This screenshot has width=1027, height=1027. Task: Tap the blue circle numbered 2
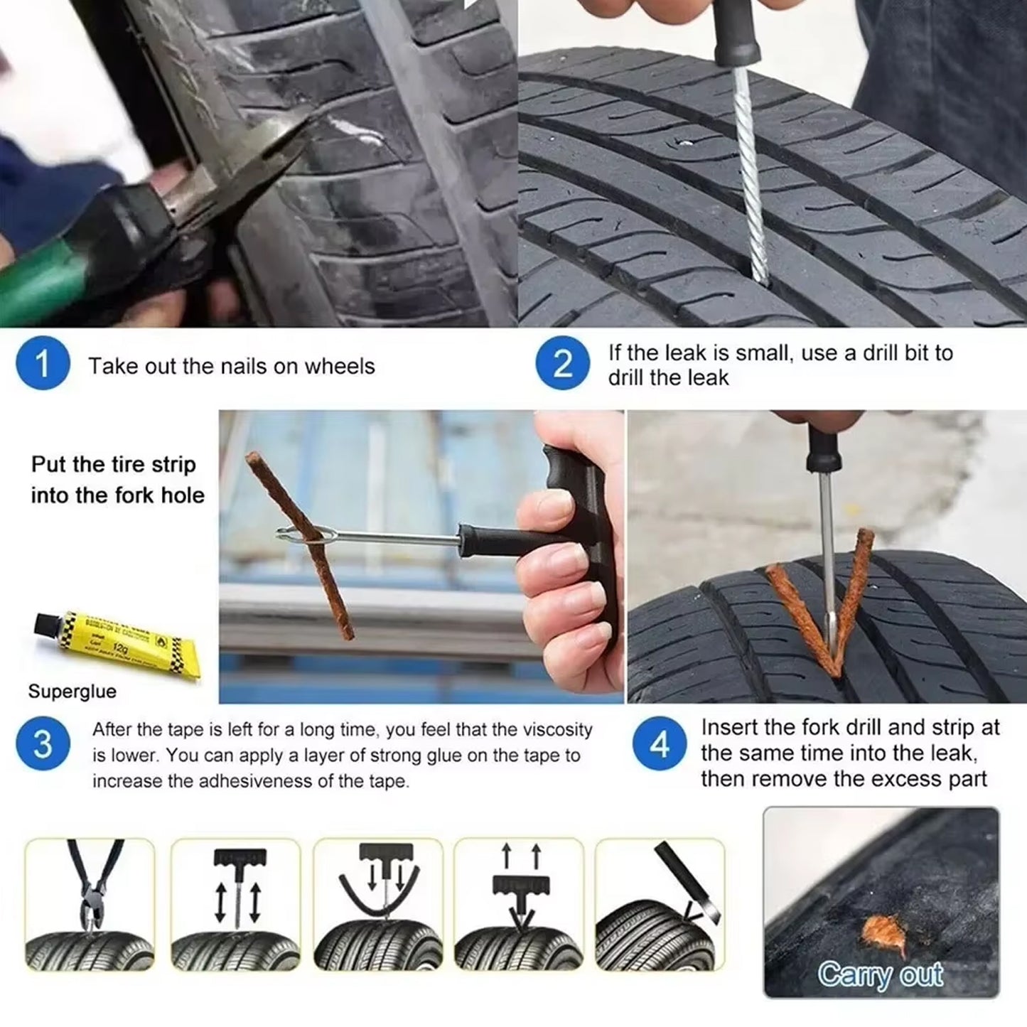tap(562, 364)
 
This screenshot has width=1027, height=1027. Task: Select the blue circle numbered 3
tap(43, 744)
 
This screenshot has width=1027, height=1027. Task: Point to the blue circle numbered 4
tap(660, 744)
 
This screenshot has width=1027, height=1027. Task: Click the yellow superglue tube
tap(117, 643)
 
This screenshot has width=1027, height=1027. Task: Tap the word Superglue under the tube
tap(72, 692)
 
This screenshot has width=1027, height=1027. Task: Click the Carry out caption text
tap(880, 974)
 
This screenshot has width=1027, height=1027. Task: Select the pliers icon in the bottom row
tap(90, 904)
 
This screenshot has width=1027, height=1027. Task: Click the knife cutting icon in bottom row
tap(660, 904)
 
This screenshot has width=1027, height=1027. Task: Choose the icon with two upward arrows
tap(519, 904)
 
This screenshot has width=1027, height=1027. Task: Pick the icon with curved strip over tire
tap(377, 904)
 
